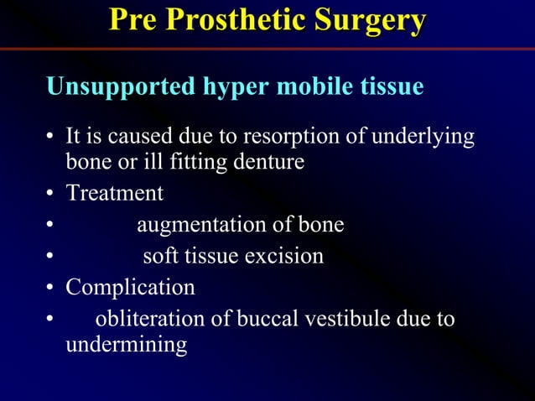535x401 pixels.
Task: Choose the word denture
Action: point(265,161)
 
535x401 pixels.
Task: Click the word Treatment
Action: point(115,193)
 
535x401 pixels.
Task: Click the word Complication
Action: point(130,287)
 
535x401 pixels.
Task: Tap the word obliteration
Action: point(148,319)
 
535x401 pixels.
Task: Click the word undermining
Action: point(126,344)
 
